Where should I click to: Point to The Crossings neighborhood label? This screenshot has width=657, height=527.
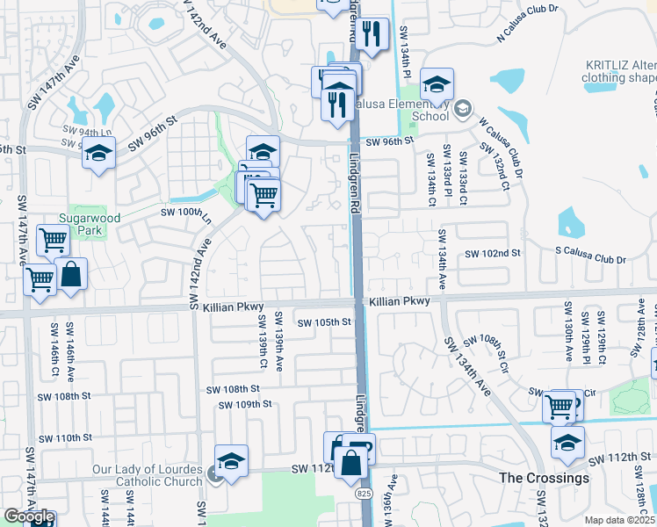544,478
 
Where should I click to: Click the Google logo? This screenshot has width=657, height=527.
29,516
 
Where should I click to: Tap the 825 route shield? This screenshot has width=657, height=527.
364,495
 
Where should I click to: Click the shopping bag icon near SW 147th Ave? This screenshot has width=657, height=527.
71,274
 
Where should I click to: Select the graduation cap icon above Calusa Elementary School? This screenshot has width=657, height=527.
437,84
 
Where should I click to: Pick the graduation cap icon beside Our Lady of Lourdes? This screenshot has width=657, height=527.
231,460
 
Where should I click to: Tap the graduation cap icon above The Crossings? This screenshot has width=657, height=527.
567,442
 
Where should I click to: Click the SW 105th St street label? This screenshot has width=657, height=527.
324,322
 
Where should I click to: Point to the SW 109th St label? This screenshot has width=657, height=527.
247,404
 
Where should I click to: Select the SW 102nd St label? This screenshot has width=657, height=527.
493,253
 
